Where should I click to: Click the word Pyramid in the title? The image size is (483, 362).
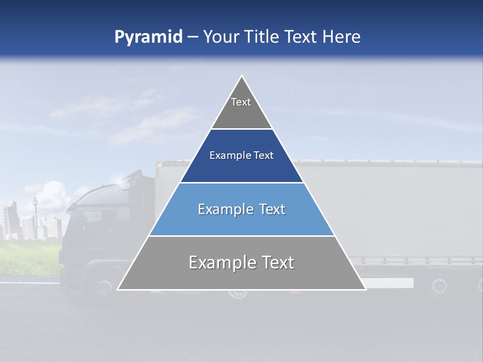[x=148, y=37]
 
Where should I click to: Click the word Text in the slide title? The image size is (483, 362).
[x=301, y=37]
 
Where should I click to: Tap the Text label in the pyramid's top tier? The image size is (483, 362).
[x=241, y=102]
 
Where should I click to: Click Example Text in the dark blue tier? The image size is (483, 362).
[x=242, y=155]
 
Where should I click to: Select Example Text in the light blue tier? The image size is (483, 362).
[x=242, y=209]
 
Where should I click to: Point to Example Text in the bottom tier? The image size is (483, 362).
[x=242, y=262]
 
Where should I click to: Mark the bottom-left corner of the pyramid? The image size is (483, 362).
[x=118, y=289]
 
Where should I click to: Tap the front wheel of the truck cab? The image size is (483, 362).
[x=104, y=288]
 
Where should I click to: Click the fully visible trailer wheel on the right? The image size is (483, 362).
[x=439, y=287]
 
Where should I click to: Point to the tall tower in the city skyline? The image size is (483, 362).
[x=35, y=206]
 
